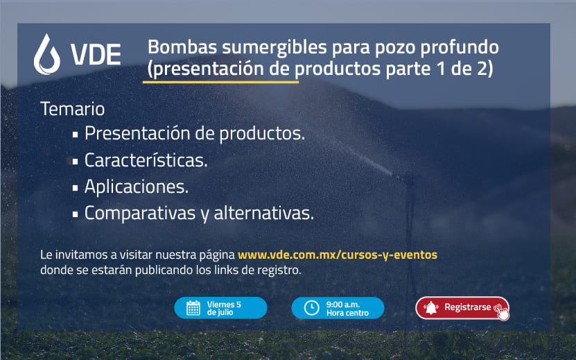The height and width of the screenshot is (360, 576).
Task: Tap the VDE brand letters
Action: pyautogui.click(x=96, y=54)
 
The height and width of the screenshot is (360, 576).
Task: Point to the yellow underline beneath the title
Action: pyautogui.click(x=220, y=82)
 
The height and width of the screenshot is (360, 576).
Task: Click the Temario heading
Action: pyautogui.click(x=72, y=109)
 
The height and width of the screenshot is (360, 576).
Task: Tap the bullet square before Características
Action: pyautogui.click(x=76, y=162)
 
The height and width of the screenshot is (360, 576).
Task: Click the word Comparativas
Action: pyautogui.click(x=140, y=214)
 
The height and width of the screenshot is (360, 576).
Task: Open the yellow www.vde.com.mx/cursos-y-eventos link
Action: pyautogui.click(x=338, y=255)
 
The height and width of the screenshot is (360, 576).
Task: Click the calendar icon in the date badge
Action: pyautogui.click(x=193, y=308)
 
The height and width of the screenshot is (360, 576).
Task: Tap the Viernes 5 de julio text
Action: pyautogui.click(x=224, y=308)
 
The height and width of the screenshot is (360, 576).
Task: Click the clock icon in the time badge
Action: pyautogui.click(x=311, y=308)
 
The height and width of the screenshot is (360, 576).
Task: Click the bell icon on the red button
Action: pyautogui.click(x=431, y=308)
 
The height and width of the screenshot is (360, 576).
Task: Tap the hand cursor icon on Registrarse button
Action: pyautogui.click(x=502, y=313)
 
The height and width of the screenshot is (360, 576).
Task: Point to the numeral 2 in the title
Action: pyautogui.click(x=482, y=69)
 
